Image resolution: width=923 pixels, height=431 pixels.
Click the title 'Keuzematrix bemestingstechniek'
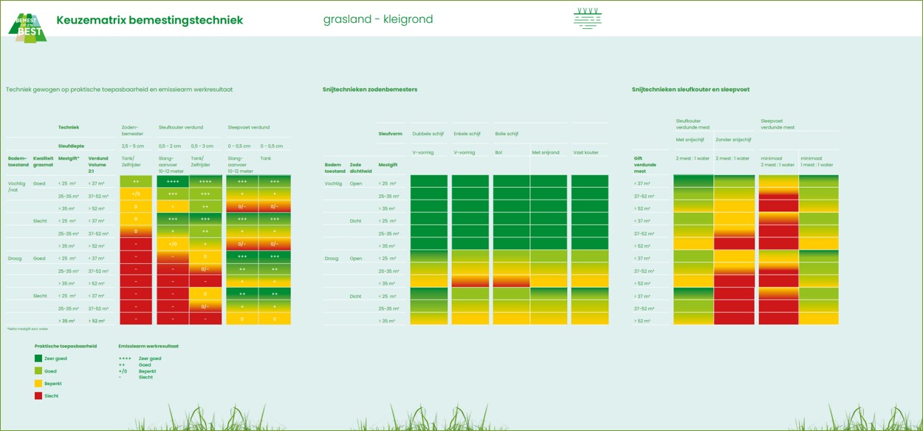click(x=149, y=20)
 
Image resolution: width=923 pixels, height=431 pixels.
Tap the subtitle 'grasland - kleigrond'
click(x=378, y=19)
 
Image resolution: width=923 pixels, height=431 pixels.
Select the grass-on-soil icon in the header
click(x=588, y=18)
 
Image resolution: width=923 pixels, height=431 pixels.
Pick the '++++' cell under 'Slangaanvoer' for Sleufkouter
click(x=172, y=181)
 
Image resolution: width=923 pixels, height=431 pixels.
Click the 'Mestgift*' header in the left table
click(x=69, y=158)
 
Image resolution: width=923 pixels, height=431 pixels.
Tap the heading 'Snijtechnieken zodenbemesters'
click(x=370, y=89)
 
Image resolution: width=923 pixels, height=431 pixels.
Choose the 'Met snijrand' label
click(x=546, y=152)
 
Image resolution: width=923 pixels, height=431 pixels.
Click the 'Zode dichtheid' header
click(x=361, y=168)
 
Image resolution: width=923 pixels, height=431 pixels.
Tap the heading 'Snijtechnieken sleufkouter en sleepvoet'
click(x=690, y=89)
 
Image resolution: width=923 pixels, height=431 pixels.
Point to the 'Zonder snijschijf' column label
click(x=733, y=139)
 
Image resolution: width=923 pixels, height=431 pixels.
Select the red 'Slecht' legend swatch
click(x=38, y=396)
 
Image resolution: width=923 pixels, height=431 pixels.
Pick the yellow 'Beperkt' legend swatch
click(x=38, y=384)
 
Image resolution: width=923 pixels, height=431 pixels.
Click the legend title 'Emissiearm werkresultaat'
click(x=148, y=346)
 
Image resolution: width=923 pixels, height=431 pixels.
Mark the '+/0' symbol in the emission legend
click(x=123, y=371)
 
